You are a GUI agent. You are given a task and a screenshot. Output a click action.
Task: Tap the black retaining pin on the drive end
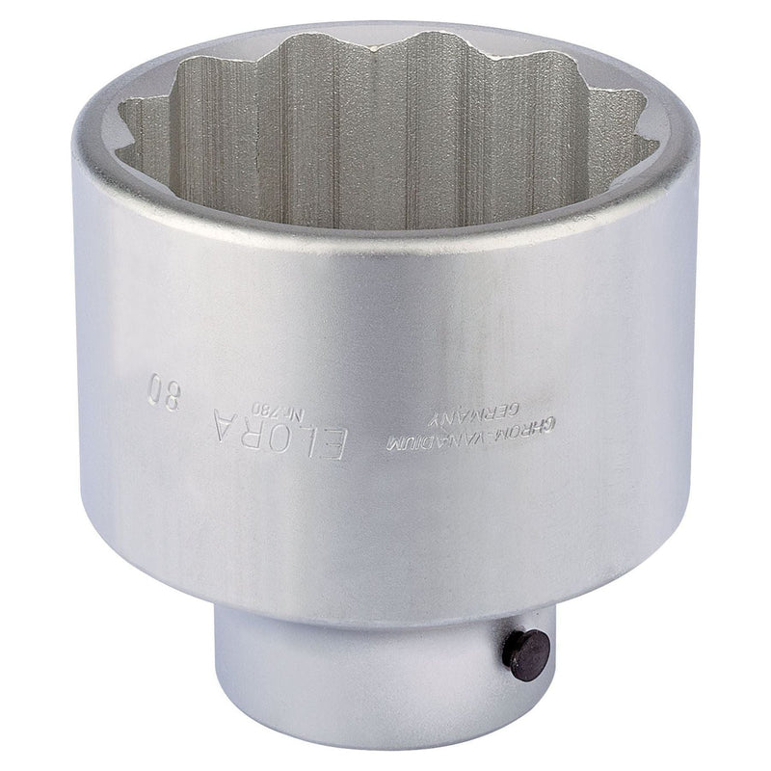525,655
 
